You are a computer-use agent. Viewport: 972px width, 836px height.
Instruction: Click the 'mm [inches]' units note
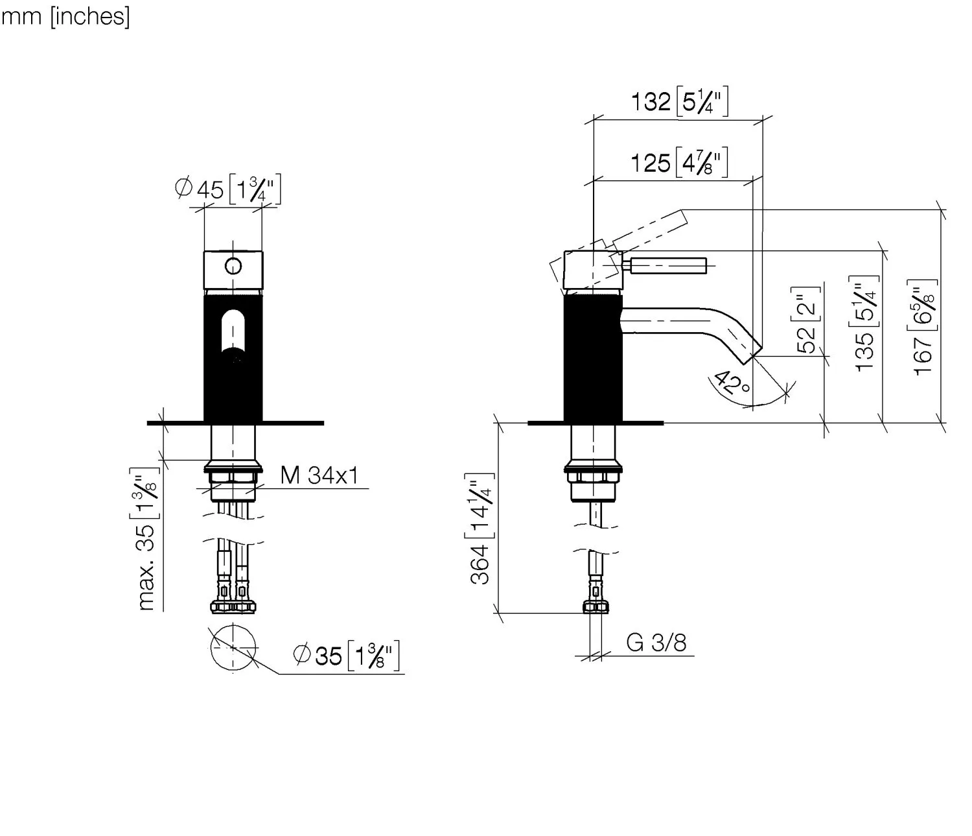coord(65,16)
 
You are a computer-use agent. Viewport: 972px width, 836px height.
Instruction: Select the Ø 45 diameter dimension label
coord(227,189)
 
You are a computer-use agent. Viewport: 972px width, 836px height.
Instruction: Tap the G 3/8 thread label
coord(656,643)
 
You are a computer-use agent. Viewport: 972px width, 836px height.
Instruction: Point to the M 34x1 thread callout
coord(319,475)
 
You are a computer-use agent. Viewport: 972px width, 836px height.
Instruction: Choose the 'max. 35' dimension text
coord(147,540)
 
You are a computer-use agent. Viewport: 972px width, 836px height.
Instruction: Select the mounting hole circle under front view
coord(233,647)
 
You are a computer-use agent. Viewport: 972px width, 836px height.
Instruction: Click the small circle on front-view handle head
coord(233,266)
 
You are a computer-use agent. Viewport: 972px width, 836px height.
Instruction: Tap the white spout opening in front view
coord(233,332)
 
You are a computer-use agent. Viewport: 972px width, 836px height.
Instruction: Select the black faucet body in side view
coord(593,357)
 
